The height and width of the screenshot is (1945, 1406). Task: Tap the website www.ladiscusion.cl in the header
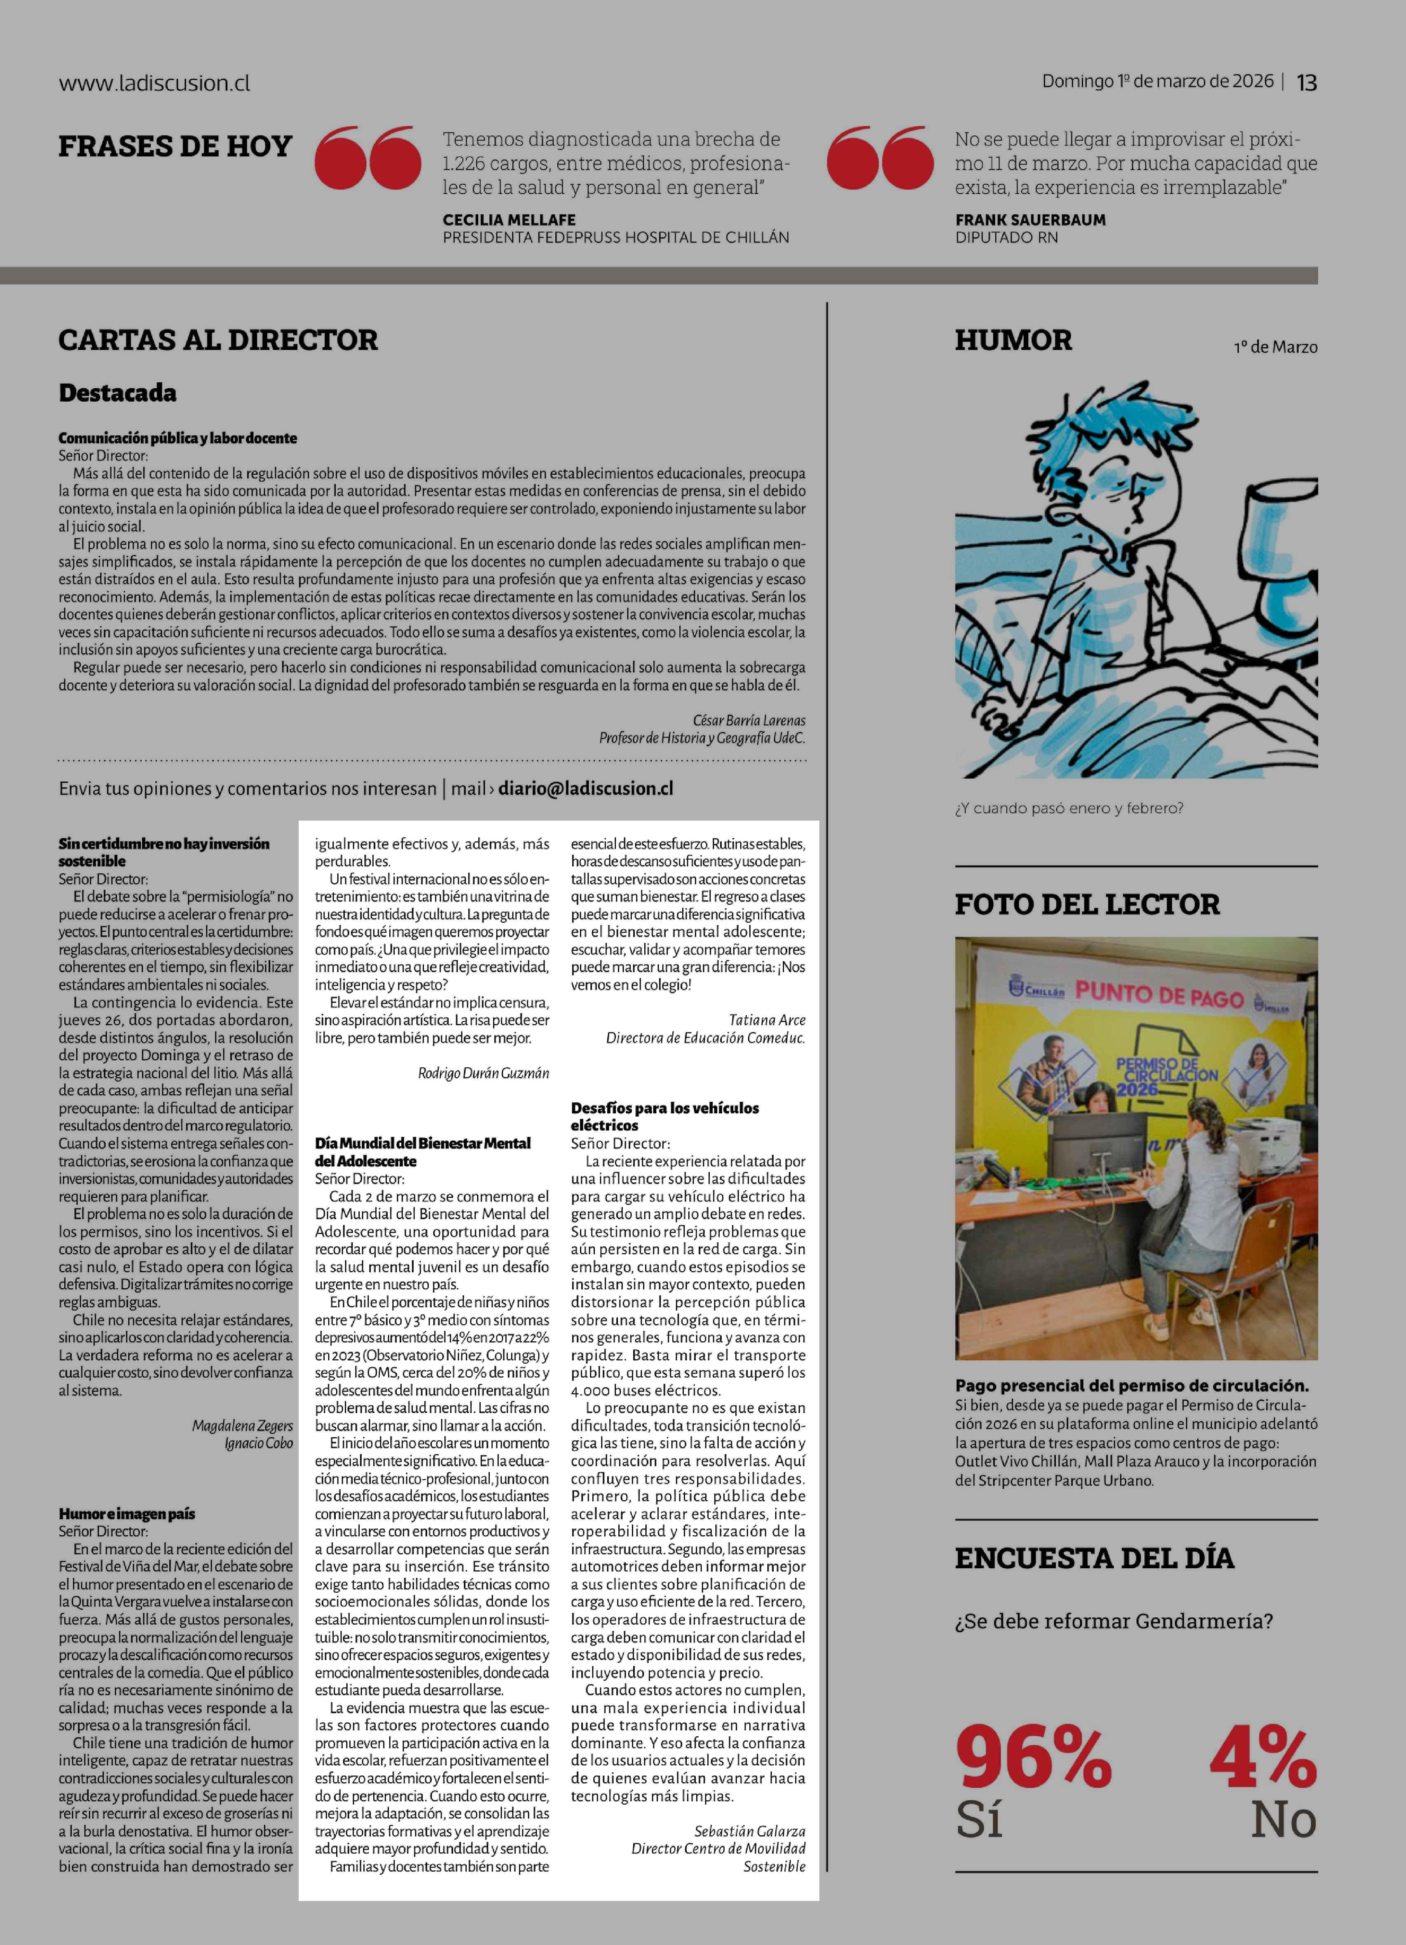coord(154,83)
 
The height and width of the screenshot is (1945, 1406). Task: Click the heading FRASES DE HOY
coord(175,147)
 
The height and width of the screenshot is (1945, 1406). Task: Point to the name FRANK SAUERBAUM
coord(1030,219)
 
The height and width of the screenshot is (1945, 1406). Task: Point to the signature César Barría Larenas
coord(749,721)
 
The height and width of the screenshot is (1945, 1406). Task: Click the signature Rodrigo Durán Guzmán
coord(483,1073)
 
